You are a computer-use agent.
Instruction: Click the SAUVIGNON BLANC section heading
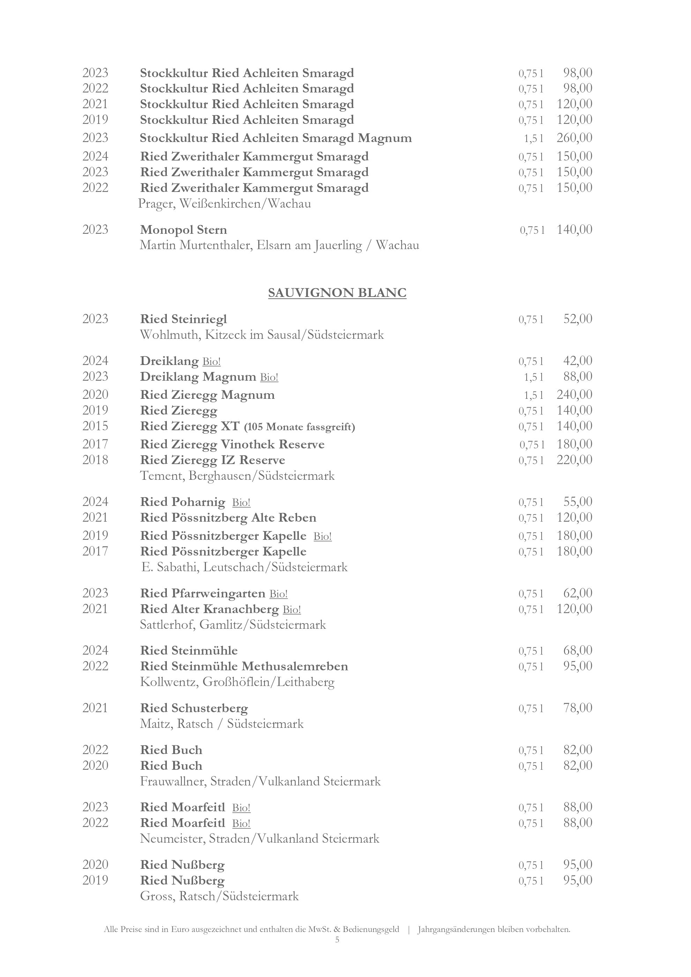pos(337,293)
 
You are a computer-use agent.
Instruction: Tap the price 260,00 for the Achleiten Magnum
pos(574,138)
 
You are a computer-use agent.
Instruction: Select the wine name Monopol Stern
pos(183,230)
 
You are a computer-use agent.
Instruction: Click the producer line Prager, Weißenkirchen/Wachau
pos(225,204)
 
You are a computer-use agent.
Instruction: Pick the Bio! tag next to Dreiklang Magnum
pos(269,377)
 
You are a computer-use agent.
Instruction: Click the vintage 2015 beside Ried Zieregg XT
pos(95,426)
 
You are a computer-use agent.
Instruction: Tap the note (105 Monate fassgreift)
pos(299,427)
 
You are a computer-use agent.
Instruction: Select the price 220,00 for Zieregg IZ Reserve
pos(574,460)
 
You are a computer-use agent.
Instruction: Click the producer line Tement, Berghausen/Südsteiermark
pos(237,476)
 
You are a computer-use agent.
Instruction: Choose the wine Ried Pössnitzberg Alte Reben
pos(228,518)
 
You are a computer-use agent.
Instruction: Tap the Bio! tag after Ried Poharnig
pos(241,502)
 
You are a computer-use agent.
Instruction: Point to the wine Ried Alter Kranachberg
pos(209,609)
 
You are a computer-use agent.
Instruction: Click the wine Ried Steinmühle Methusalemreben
pos(244,666)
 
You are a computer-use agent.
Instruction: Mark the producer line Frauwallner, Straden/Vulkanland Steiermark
pos(260,781)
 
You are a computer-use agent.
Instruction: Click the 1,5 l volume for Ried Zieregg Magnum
pos(534,395)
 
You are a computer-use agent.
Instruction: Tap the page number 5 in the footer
pos(337,940)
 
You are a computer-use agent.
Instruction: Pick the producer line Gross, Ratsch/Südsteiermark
pos(219,896)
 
